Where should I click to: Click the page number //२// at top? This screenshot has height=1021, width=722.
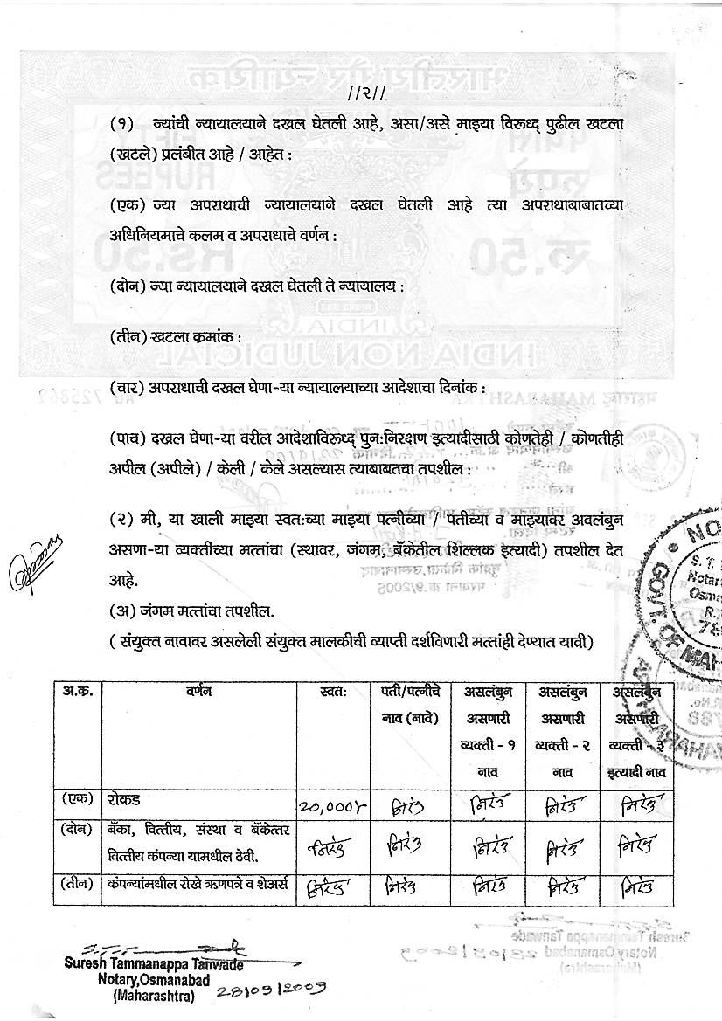tap(360, 93)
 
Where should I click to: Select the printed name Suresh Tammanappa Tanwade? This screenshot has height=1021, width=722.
tap(153, 964)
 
